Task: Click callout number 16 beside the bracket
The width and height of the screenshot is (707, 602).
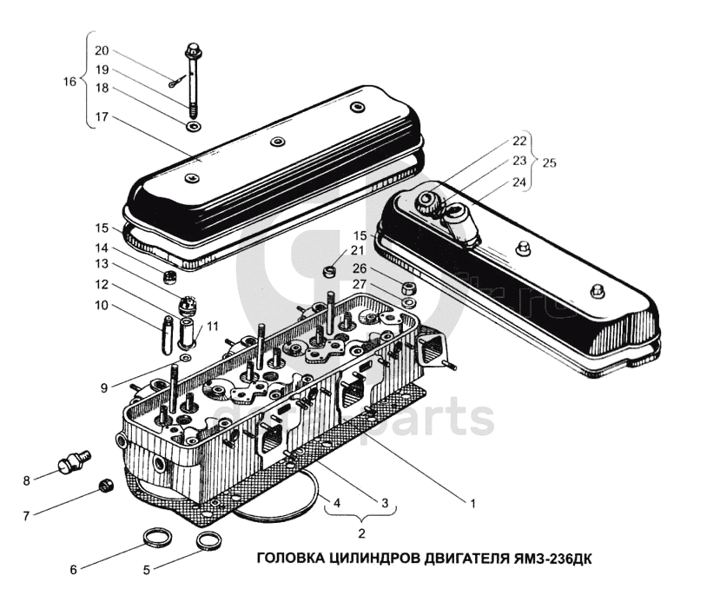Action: (70, 82)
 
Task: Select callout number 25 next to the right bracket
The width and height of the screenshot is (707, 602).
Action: (550, 162)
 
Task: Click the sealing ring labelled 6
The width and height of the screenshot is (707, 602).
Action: (157, 541)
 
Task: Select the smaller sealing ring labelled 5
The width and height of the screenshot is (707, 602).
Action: (208, 542)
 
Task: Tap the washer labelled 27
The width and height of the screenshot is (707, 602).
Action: (409, 302)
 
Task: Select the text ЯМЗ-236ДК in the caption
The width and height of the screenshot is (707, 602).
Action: (555, 558)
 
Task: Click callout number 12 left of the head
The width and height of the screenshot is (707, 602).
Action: (102, 284)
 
